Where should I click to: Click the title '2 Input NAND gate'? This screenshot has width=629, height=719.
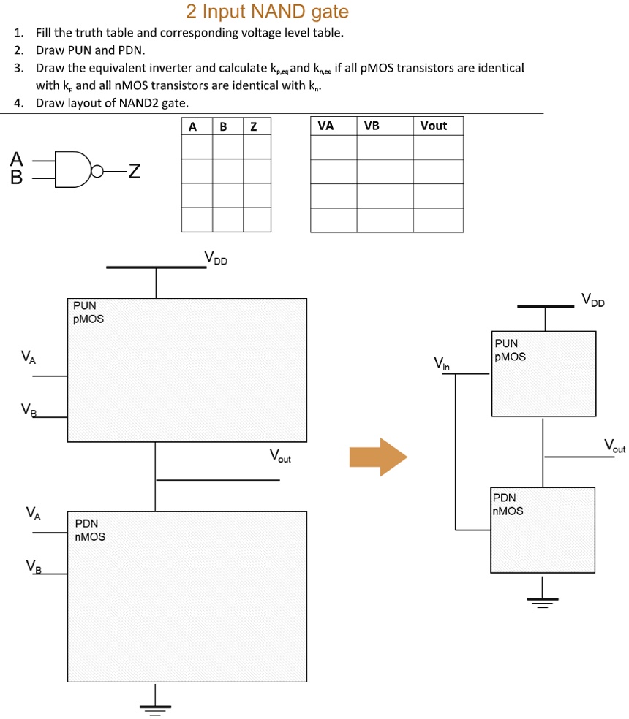tap(267, 12)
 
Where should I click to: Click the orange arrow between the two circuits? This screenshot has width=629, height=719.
tap(377, 457)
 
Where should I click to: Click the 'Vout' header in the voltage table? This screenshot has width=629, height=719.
tap(433, 126)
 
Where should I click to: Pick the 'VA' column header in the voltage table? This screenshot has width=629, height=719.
tap(325, 126)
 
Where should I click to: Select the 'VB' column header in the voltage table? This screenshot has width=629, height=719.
tap(372, 126)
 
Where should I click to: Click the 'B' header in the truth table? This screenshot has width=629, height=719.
tap(223, 126)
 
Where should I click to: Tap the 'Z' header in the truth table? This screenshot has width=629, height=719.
tap(253, 126)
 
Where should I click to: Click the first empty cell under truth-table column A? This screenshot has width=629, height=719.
tap(197, 148)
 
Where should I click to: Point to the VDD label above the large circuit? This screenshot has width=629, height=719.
tap(216, 257)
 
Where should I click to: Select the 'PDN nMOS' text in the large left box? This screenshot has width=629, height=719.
tap(90, 530)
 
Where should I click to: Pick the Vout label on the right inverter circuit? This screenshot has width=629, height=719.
tap(614, 445)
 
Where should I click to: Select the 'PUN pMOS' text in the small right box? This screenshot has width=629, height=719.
tap(510, 350)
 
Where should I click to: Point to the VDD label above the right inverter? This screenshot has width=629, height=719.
tap(593, 299)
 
